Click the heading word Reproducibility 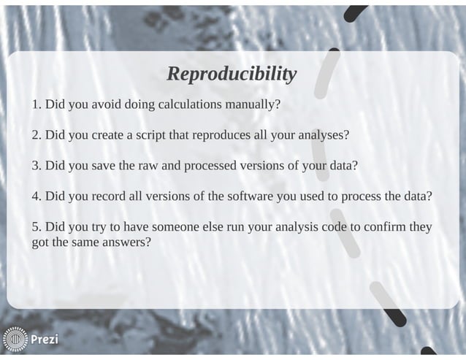232,74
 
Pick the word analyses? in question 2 322,135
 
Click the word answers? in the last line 126,242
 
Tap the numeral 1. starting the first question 37,104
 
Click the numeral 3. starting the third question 37,166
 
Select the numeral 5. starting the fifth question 37,227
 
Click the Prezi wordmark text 45,340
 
